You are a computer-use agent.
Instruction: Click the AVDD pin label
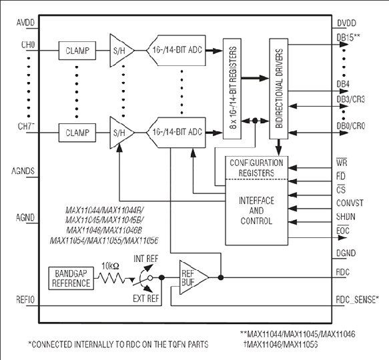tap(25, 23)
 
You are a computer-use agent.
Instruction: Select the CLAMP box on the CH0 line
tap(77, 51)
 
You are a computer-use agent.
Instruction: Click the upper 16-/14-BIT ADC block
tap(176, 50)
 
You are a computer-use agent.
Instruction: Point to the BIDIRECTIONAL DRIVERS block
tap(279, 89)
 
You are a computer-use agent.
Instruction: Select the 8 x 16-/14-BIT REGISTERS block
tap(232, 89)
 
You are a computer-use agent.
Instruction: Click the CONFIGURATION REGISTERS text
tap(256, 168)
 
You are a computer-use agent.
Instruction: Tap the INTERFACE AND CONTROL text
tap(256, 211)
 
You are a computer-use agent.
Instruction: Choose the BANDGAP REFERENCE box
tap(71, 278)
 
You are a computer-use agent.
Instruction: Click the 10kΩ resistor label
tap(110, 266)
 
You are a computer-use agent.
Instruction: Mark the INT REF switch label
tap(146, 259)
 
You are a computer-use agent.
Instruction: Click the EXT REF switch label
tap(146, 299)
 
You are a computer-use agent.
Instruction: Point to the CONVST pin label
tap(350, 203)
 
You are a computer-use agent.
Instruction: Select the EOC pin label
tap(343, 231)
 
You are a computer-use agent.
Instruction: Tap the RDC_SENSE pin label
tap(358, 299)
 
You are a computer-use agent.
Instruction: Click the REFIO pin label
tap(25, 299)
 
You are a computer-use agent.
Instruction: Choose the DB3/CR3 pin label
tap(351, 99)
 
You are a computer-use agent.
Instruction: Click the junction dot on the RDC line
tap(221, 277)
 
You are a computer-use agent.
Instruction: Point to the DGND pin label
tap(346, 253)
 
